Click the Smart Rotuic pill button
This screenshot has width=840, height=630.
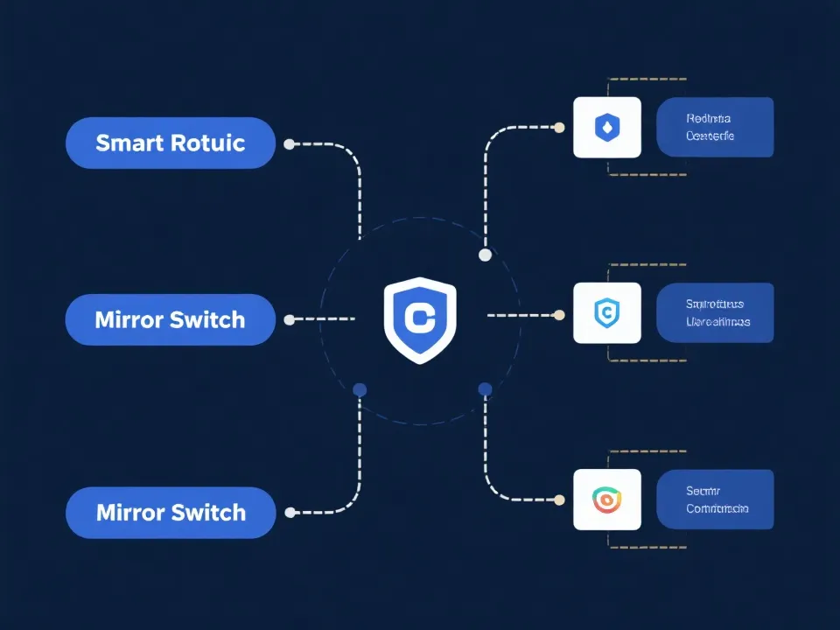[171, 143]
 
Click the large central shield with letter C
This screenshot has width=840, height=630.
[420, 319]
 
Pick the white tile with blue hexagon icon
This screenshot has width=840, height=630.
[606, 128]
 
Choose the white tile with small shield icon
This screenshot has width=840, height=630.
[606, 312]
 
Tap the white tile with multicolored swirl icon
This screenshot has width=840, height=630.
[606, 500]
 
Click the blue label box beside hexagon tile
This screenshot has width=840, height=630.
[715, 128]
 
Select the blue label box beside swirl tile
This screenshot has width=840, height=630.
[715, 500]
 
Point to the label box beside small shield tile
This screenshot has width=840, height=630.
[715, 312]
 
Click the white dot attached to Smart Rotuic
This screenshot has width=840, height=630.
[290, 143]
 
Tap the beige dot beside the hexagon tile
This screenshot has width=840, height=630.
[560, 127]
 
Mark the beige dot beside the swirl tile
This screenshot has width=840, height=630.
[560, 500]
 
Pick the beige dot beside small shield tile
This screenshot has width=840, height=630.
[560, 313]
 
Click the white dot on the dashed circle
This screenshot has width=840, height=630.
[485, 255]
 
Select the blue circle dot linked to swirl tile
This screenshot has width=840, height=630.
[485, 388]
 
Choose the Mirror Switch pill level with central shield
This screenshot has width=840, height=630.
[171, 319]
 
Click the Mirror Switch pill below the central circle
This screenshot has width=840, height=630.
[171, 512]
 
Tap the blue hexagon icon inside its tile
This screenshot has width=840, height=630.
[606, 128]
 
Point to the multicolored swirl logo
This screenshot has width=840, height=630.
[606, 500]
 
